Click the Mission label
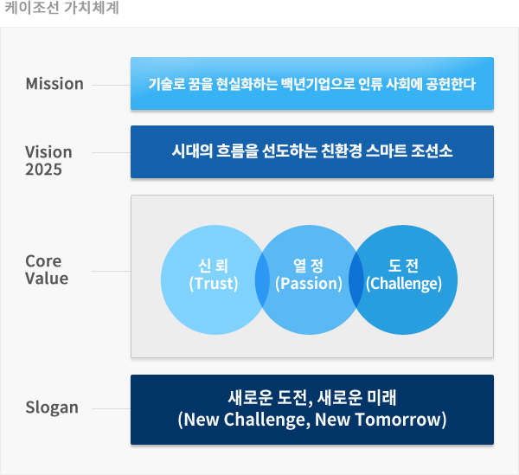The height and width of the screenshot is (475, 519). (54, 83)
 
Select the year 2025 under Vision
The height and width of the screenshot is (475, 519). (44, 170)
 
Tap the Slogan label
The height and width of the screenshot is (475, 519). (52, 408)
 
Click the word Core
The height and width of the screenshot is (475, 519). (43, 261)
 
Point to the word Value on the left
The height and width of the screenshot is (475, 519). (47, 279)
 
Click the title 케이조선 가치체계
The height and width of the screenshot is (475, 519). (61, 8)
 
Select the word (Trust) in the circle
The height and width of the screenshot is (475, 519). (214, 284)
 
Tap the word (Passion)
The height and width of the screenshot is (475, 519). (309, 284)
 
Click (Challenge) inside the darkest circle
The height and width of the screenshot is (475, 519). (404, 284)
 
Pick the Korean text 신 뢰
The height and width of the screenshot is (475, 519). (213, 266)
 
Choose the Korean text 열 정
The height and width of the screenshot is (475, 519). (308, 266)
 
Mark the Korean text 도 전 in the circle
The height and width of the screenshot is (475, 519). (403, 266)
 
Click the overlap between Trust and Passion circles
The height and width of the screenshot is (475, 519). (262, 280)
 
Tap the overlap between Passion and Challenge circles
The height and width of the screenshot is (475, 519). (356, 280)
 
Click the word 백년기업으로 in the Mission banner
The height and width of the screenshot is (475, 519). (318, 84)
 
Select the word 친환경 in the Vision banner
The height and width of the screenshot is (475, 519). (342, 151)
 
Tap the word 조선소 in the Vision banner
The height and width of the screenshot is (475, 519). (432, 151)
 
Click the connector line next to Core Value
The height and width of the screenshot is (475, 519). (112, 271)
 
